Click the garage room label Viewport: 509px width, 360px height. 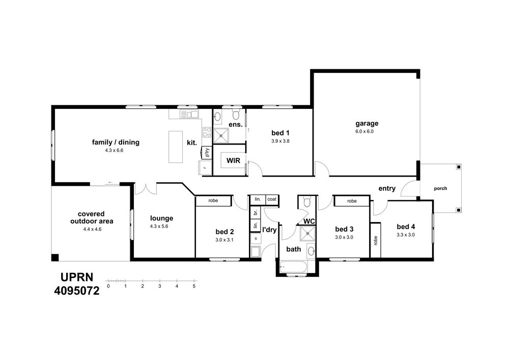(x=367, y=123)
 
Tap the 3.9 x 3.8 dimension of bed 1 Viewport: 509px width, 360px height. (x=280, y=141)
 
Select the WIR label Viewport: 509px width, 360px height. (x=234, y=160)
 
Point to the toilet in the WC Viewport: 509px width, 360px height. (x=306, y=202)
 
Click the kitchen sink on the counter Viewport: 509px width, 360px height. (x=189, y=114)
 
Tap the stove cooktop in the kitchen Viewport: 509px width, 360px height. (x=207, y=132)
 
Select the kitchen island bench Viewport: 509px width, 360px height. (x=176, y=147)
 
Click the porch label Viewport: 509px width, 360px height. (x=440, y=188)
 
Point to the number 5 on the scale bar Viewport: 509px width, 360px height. (x=194, y=286)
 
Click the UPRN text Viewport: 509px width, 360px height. (x=77, y=277)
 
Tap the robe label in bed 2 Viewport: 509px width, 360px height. (x=213, y=201)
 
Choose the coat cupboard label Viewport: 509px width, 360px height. (x=272, y=199)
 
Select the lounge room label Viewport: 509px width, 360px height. (x=162, y=218)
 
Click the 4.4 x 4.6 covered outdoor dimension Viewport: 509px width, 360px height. (x=93, y=229)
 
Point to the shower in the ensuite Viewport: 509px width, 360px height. (x=221, y=135)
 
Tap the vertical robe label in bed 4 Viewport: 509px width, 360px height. (x=376, y=240)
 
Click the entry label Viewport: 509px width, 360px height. (x=387, y=188)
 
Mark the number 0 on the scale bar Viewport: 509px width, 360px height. (x=108, y=286)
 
